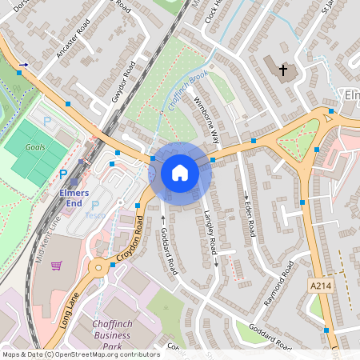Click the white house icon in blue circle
tap(180, 173)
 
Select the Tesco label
tap(95, 214)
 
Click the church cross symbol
tap(282, 71)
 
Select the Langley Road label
tap(210, 232)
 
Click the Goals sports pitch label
tap(35, 147)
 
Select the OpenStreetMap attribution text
tap(81, 354)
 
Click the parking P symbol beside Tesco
tap(94, 205)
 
